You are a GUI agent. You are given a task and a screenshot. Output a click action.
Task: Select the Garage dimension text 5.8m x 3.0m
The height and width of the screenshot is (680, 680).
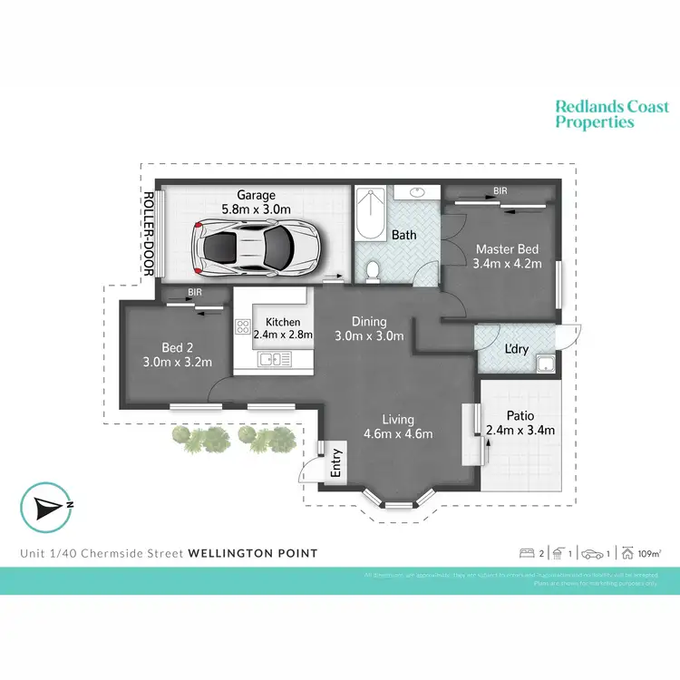[x=257, y=209]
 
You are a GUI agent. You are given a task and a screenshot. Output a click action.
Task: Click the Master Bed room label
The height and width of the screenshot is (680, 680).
[x=507, y=249]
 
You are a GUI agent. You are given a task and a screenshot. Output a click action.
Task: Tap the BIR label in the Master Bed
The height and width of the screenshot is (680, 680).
[x=500, y=192]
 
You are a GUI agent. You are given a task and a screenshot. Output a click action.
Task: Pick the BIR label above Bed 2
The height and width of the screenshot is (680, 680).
[x=195, y=293]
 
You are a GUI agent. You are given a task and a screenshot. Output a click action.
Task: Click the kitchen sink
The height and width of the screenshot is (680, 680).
[x=273, y=361]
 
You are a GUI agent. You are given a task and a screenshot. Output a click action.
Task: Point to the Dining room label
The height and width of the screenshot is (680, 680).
[x=370, y=321]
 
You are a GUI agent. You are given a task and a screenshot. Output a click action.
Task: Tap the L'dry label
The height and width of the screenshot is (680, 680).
[x=517, y=348]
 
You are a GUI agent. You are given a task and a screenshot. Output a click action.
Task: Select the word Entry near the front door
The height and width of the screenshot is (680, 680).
[x=336, y=463]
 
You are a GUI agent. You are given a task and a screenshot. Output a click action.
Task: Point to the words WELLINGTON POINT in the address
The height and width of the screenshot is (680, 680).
[x=253, y=552]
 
